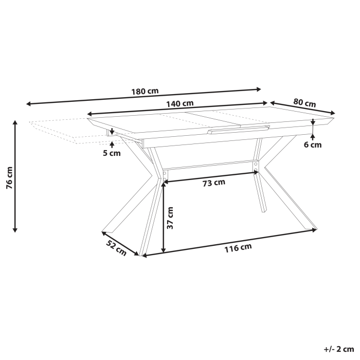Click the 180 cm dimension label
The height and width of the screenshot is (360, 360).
146,92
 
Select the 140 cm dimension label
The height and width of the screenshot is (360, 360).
179,103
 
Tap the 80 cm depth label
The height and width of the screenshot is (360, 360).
304,102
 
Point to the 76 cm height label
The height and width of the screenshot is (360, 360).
9,178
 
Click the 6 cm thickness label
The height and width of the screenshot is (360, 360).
313,145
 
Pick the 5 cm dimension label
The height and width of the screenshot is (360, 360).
112,153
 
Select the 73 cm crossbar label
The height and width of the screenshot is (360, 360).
213,182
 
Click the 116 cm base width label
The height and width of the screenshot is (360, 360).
238,248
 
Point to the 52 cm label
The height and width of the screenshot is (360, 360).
116,247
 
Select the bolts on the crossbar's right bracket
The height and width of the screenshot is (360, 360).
255,167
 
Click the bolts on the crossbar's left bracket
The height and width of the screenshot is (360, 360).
165,176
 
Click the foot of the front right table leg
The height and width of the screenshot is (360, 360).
310,228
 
